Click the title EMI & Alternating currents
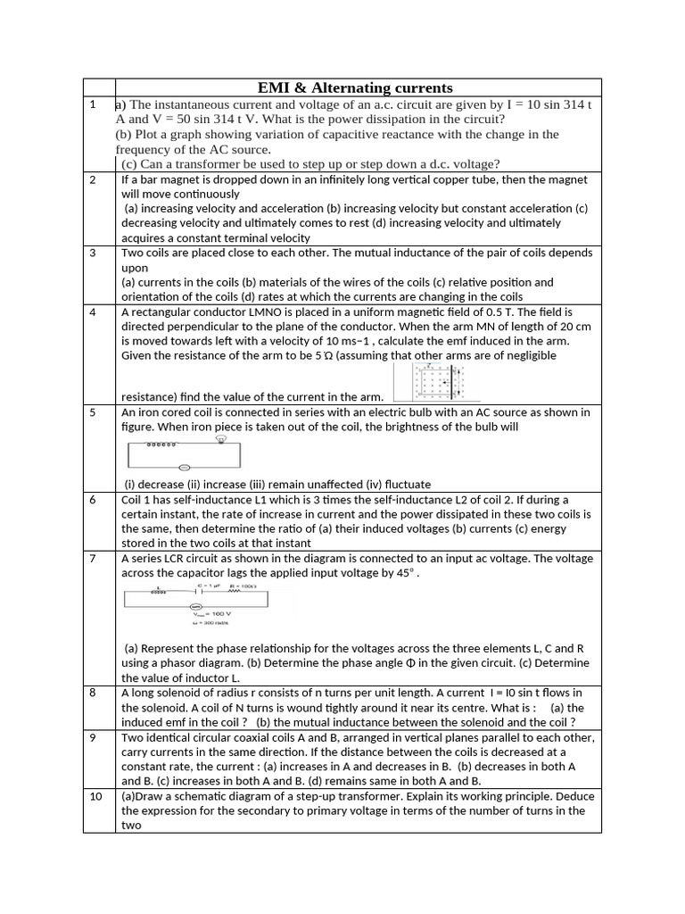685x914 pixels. click(x=355, y=87)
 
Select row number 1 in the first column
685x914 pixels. click(x=93, y=105)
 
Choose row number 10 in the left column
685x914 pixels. click(x=96, y=797)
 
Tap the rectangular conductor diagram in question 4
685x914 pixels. click(x=442, y=382)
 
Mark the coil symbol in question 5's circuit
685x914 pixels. click(x=161, y=444)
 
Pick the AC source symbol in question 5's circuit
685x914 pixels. click(x=185, y=468)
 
